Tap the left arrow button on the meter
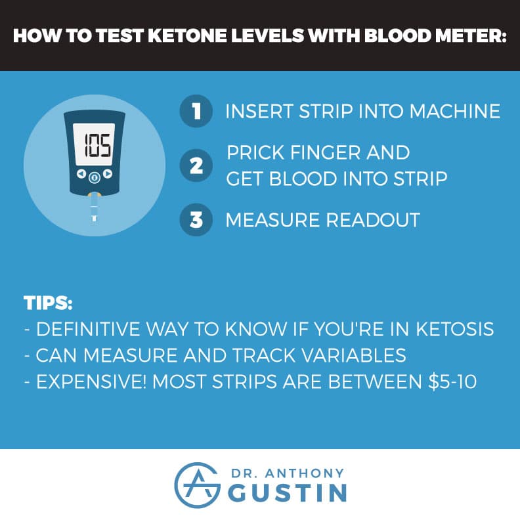pyautogui.click(x=80, y=176)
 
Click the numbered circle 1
pyautogui.click(x=196, y=111)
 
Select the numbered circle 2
pyautogui.click(x=196, y=165)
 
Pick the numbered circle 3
pyautogui.click(x=196, y=220)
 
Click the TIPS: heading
pyautogui.click(x=47, y=305)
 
